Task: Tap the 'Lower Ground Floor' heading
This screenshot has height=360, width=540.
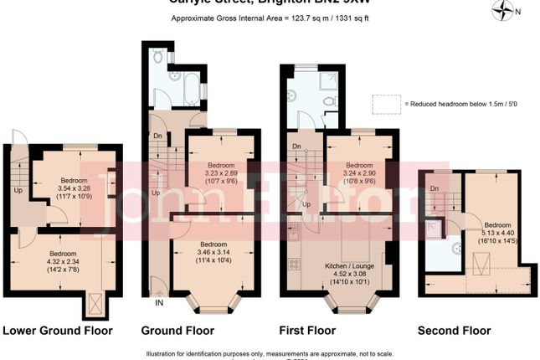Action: [57, 331]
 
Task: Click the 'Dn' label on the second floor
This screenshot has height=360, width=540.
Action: [435, 189]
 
